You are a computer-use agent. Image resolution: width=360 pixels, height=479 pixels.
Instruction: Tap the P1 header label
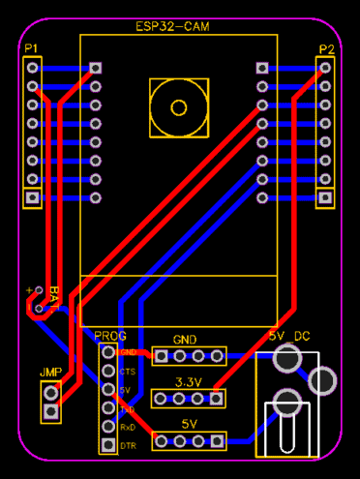[x=32, y=47]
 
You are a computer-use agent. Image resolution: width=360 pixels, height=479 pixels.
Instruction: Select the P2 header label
[x=326, y=48]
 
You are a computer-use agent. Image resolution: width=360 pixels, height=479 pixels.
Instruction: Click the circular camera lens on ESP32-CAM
[x=178, y=107]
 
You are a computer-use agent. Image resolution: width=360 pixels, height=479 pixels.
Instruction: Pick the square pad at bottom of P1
[x=34, y=197]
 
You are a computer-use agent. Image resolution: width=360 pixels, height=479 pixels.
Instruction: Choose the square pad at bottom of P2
[x=325, y=197]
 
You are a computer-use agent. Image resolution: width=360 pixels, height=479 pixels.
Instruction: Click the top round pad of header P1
[x=34, y=68]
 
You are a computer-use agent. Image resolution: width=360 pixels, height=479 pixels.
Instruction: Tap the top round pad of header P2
[x=325, y=68]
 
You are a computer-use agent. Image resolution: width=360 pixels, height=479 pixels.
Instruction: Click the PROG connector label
[x=109, y=335]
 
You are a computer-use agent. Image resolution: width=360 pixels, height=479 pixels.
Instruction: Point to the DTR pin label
[x=128, y=445]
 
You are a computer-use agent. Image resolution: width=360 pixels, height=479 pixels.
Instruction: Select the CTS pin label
[x=128, y=371]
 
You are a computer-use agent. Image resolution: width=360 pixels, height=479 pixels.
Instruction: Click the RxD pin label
[x=128, y=427]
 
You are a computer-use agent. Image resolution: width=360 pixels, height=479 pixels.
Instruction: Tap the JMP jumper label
[x=50, y=373]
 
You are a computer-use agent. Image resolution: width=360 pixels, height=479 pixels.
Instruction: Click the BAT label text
[x=55, y=294]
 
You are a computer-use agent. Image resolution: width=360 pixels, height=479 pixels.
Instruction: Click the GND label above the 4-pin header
[x=185, y=340]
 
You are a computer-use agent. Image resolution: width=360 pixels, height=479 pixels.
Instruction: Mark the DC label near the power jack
[x=302, y=335]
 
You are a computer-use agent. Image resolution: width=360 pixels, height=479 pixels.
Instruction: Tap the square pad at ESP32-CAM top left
[x=95, y=68]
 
